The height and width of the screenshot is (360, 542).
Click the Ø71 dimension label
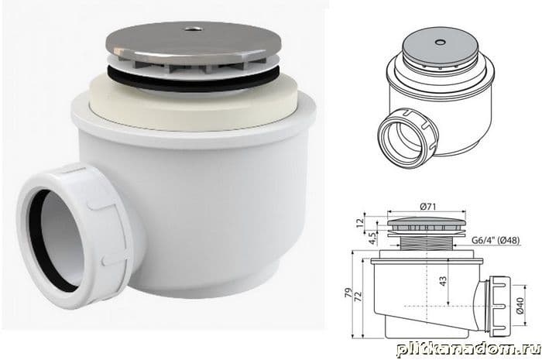pyautogui.click(x=428, y=207)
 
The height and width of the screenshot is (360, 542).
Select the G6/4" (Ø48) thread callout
pyautogui.click(x=496, y=240)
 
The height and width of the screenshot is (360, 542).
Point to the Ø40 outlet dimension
pyautogui.click(x=520, y=305)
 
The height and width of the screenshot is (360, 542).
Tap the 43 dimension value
pyautogui.click(x=443, y=280)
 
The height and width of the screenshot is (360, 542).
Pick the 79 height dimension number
pyautogui.click(x=349, y=293)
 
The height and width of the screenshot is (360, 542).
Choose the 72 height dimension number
pyautogui.click(x=358, y=296)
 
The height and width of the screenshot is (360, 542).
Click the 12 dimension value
pyautogui.click(x=360, y=222)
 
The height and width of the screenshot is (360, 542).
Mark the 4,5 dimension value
pyautogui.click(x=372, y=238)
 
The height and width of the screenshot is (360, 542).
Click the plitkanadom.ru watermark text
pyautogui.click(x=468, y=349)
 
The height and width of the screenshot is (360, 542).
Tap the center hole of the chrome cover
pyautogui.click(x=190, y=29)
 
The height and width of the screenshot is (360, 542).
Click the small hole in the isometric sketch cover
pyautogui.click(x=440, y=42)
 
